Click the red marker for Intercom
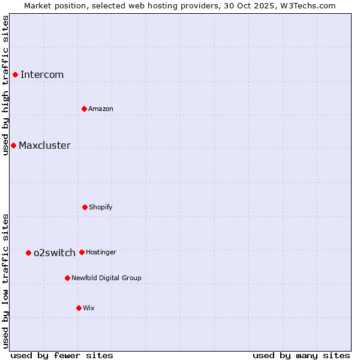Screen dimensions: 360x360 [x=15, y=74]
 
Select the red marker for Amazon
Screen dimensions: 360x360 [x=84, y=109]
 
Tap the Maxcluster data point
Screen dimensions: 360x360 [x=13, y=145]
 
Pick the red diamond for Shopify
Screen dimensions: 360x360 [x=85, y=207]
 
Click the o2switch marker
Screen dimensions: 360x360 [x=28, y=253]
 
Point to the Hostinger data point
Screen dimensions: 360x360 [x=82, y=252]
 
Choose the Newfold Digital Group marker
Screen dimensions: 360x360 [x=67, y=278]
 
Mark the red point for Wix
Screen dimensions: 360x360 [x=79, y=308]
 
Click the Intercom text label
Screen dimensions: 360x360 [x=42, y=74]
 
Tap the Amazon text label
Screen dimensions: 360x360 [x=101, y=109]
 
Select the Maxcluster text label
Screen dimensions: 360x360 [x=44, y=145]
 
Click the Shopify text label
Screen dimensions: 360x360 [x=101, y=207]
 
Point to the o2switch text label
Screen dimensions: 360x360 [x=55, y=253]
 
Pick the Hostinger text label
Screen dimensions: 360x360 [x=101, y=252]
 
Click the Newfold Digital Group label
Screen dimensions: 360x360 [x=106, y=278]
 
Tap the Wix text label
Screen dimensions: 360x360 [x=89, y=308]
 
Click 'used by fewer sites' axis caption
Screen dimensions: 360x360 [x=62, y=355]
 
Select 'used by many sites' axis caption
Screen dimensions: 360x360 [x=301, y=355]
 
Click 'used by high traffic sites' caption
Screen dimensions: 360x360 [x=5, y=85]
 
